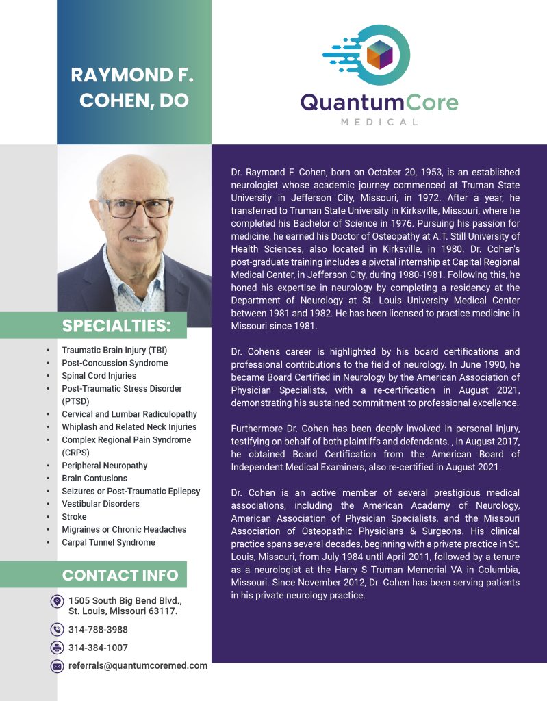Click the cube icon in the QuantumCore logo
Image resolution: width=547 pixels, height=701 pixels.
pyautogui.click(x=379, y=54)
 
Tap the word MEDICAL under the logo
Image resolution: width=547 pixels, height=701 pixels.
pyautogui.click(x=379, y=122)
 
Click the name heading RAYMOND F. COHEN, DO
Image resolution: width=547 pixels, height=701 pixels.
pyautogui.click(x=133, y=87)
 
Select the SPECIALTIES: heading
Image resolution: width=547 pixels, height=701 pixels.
pyautogui.click(x=116, y=324)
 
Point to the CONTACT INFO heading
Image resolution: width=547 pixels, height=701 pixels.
pyautogui.click(x=120, y=574)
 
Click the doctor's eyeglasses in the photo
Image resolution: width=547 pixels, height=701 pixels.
pyautogui.click(x=136, y=207)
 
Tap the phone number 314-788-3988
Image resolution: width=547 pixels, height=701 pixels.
pyautogui.click(x=98, y=630)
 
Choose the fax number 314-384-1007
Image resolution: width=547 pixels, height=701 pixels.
pyautogui.click(x=98, y=648)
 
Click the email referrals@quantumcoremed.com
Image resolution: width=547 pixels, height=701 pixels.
pyautogui.click(x=138, y=665)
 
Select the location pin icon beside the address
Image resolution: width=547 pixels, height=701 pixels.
pyautogui.click(x=57, y=601)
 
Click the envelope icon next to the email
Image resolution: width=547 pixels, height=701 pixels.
pyautogui.click(x=57, y=666)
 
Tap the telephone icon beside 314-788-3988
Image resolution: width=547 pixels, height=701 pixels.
pyautogui.click(x=57, y=630)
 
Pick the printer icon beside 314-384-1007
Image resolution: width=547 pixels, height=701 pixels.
pyautogui.click(x=57, y=648)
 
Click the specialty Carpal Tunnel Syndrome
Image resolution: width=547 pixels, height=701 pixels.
pyautogui.click(x=108, y=542)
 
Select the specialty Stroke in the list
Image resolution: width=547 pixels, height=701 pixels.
pyautogui.click(x=74, y=517)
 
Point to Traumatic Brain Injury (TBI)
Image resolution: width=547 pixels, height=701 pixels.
pyautogui.click(x=114, y=350)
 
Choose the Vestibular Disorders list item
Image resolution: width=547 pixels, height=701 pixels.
pyautogui.click(x=101, y=504)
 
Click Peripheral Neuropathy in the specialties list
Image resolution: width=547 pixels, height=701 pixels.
pyautogui.click(x=105, y=466)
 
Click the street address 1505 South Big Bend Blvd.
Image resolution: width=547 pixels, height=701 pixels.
pyautogui.click(x=125, y=601)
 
